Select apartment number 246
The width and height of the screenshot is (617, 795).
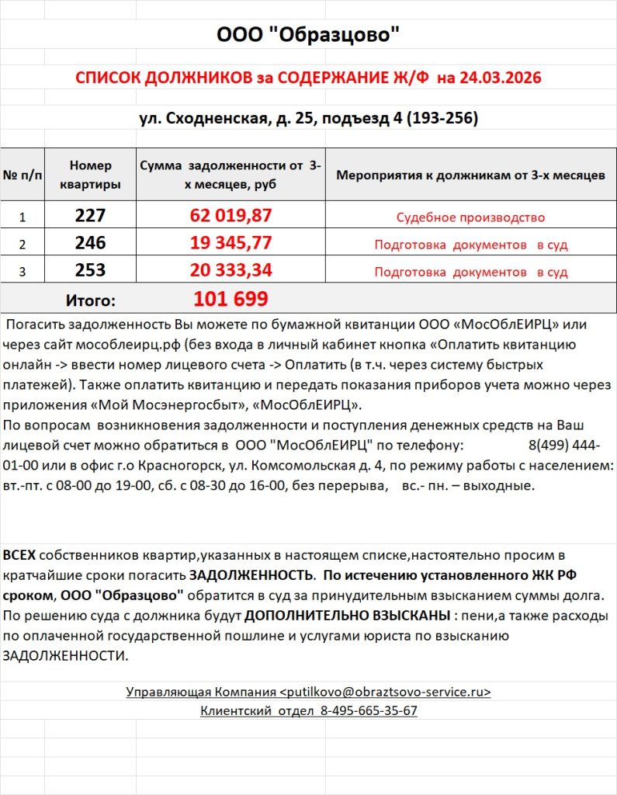[91, 244]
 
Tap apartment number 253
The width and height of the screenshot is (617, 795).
[91, 271]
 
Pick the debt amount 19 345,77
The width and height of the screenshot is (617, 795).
[231, 244]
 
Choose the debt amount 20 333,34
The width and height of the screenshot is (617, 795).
[231, 271]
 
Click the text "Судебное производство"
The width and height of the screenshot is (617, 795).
[470, 217]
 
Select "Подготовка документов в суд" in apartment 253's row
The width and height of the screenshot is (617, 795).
[470, 273]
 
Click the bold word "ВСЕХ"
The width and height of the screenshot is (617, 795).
[19, 555]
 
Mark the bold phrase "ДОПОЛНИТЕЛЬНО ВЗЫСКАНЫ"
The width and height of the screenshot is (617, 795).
[345, 616]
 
